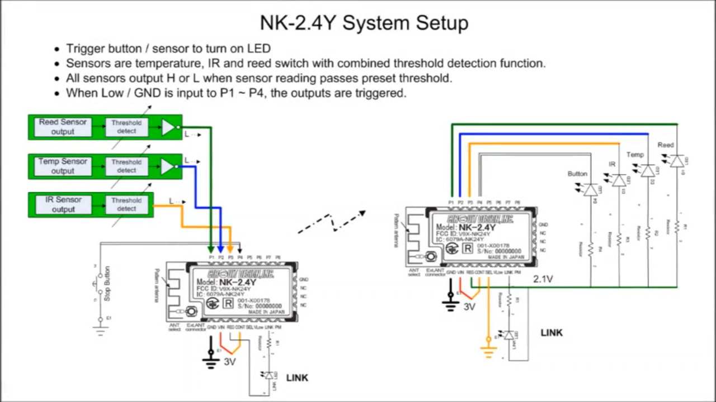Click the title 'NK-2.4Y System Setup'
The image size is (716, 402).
click(x=364, y=23)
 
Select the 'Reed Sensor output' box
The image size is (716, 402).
click(x=63, y=127)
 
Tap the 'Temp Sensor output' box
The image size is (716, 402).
click(x=63, y=166)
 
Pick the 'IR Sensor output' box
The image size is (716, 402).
click(x=63, y=204)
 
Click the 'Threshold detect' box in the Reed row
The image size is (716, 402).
click(x=126, y=127)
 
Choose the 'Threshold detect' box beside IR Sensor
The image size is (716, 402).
click(x=126, y=204)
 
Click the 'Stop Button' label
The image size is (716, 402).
click(x=107, y=283)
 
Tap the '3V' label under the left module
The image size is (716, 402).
click(x=230, y=362)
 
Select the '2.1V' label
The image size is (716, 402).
click(x=543, y=279)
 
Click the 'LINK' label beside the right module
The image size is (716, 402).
click(x=552, y=333)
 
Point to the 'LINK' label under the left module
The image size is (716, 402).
click(x=297, y=378)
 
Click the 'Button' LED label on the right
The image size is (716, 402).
click(x=577, y=174)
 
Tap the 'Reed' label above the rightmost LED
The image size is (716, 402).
click(x=666, y=145)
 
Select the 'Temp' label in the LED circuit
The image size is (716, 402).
click(x=635, y=155)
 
